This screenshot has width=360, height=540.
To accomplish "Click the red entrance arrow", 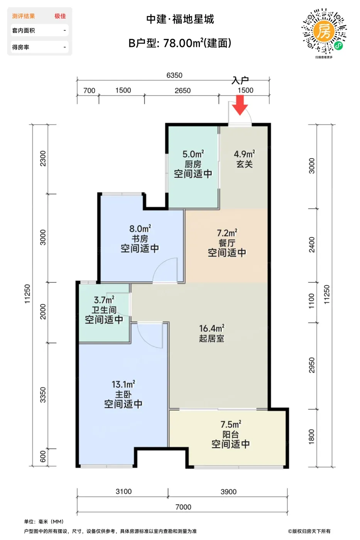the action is coord(240,105).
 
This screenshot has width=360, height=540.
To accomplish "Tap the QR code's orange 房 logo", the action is coord(324,31).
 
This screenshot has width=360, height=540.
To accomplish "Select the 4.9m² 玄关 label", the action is coord(245,159).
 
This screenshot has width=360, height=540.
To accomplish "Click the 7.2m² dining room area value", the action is coord(227,233).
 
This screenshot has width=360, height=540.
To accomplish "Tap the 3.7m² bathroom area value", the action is coord(104,300).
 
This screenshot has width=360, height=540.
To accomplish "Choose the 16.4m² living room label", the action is coord(212,333).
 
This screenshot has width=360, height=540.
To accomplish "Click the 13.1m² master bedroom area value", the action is coord(123,384).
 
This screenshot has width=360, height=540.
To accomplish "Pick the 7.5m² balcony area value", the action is coord(231,424).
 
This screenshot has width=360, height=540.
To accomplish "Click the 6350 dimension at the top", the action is coord(174,75).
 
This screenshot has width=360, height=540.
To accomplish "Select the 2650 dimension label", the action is coord(183,91).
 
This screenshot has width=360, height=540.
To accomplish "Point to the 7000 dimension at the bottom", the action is coord(183,507).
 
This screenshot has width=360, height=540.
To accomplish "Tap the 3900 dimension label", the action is coord(228,492).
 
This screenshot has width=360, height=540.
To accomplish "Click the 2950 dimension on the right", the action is coord(311,365).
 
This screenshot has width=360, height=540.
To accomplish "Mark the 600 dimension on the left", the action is coord(43,456).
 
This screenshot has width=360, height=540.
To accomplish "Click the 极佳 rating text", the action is coord(60,16).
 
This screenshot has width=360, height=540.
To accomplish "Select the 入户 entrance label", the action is coord(240,81).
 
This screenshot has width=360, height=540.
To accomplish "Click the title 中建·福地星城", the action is coord(180,19).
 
